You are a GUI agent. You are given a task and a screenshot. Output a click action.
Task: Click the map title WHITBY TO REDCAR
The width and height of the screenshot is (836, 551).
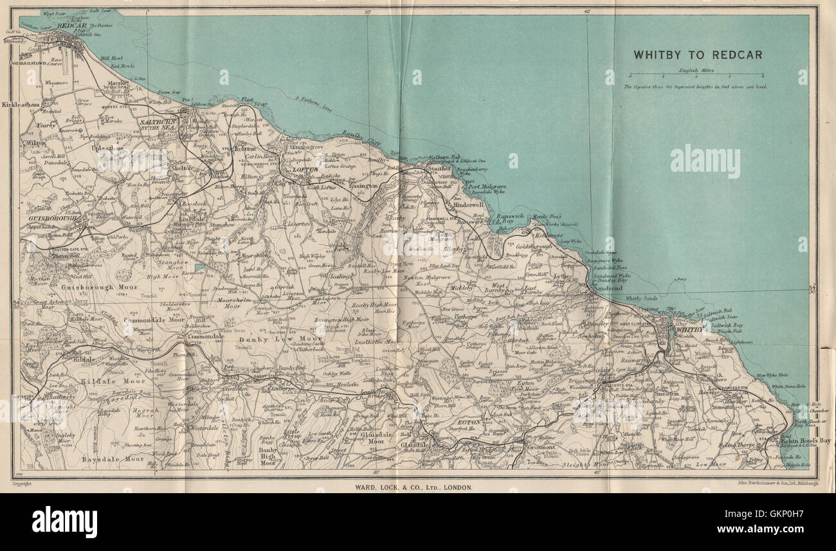698,55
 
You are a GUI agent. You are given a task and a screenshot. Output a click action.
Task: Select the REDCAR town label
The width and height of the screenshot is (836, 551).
71,26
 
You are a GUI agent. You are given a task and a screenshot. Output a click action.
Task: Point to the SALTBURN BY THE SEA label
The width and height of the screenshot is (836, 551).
158,124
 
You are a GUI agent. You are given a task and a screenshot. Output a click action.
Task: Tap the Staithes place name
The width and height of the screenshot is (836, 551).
440,168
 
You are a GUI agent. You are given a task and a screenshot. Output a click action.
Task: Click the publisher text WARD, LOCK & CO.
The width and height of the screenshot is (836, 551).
413,487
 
